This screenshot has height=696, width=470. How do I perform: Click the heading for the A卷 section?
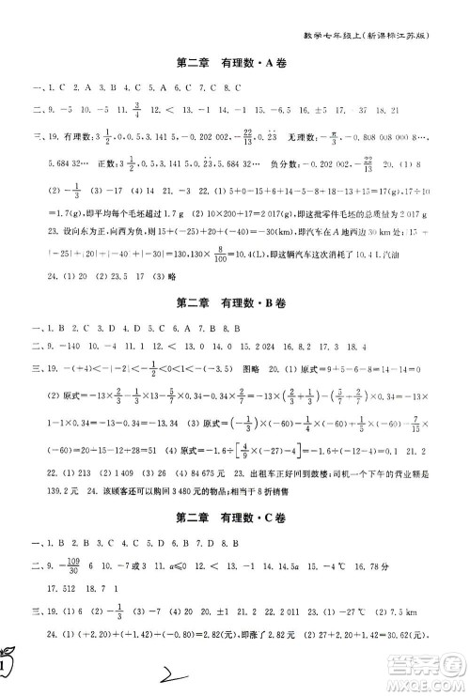click(234, 66)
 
